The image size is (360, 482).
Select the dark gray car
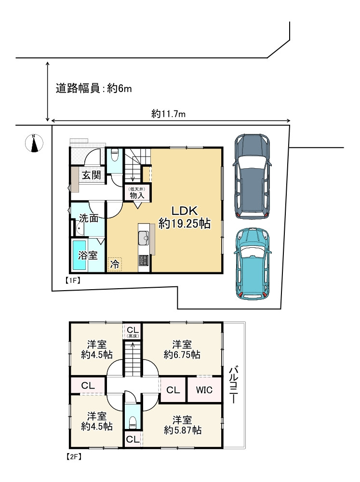pyautogui.click(x=252, y=176)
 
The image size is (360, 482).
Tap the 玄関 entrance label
pyautogui.click(x=91, y=174)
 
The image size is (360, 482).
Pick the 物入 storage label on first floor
pyautogui.click(x=137, y=192)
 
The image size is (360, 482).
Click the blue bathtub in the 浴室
pyautogui.click(x=80, y=255)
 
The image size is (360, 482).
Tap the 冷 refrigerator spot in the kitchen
pyautogui.click(x=115, y=264)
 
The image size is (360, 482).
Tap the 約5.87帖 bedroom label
pyautogui.click(x=182, y=424)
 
